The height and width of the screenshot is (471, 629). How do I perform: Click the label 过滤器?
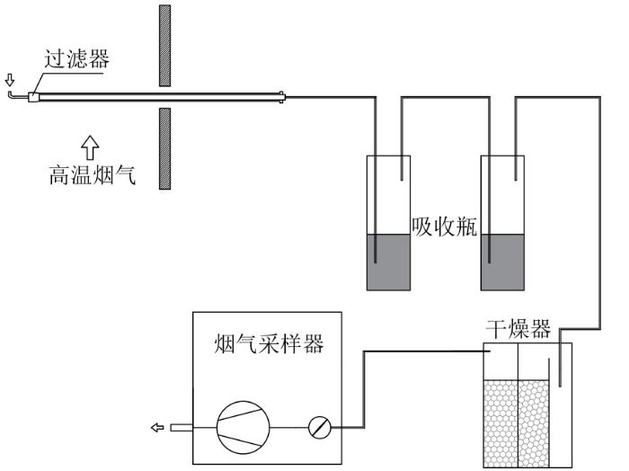(x=76, y=59)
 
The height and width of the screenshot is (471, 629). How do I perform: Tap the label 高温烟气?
(x=93, y=175)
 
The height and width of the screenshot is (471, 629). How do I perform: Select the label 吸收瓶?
(x=445, y=227)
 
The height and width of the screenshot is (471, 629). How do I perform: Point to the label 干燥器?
(x=518, y=329)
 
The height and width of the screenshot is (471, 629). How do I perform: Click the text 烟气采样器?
(x=269, y=343)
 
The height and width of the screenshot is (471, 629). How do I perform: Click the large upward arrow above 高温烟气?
(x=90, y=147)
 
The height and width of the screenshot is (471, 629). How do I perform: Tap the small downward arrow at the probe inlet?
(x=9, y=80)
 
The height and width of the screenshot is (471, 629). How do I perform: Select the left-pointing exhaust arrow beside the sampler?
(x=157, y=428)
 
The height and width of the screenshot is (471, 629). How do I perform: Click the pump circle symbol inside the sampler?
(x=244, y=427)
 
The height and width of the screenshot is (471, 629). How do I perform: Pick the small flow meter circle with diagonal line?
(x=320, y=428)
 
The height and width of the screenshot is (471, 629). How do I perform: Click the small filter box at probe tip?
(x=34, y=97)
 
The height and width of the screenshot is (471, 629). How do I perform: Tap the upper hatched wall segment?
(x=164, y=46)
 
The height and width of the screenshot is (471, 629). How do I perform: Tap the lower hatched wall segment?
(x=164, y=148)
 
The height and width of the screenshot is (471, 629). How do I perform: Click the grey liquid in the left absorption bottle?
(x=389, y=262)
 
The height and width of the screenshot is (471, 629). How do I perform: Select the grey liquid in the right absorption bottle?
(x=502, y=262)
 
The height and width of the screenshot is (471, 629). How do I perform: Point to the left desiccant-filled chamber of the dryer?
(x=501, y=423)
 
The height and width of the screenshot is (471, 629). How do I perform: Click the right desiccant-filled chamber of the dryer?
(x=534, y=423)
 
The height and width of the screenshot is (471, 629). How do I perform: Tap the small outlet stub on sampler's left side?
(x=182, y=428)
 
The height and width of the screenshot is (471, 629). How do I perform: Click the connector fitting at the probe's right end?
(x=282, y=97)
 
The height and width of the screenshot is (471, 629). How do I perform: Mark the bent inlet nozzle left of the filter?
(x=18, y=95)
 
